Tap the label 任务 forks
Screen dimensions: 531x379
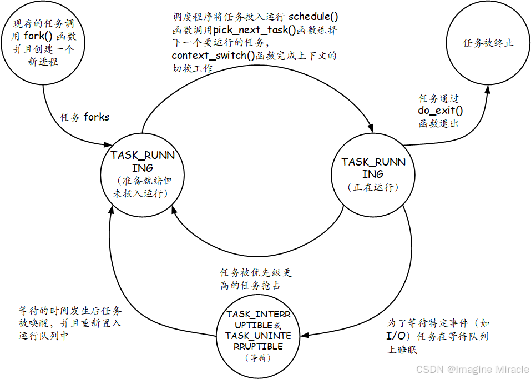pyautogui.click(x=84, y=117)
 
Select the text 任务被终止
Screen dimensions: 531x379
pyautogui.click(x=488, y=43)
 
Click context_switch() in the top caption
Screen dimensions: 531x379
pyautogui.click(x=213, y=56)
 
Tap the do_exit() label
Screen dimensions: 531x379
pyautogui.click(x=440, y=111)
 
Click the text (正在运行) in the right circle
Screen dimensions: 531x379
pyautogui.click(x=373, y=188)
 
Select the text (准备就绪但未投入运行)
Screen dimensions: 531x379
pyautogui.click(x=143, y=187)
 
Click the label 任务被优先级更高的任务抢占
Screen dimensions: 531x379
pyautogui.click(x=256, y=279)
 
